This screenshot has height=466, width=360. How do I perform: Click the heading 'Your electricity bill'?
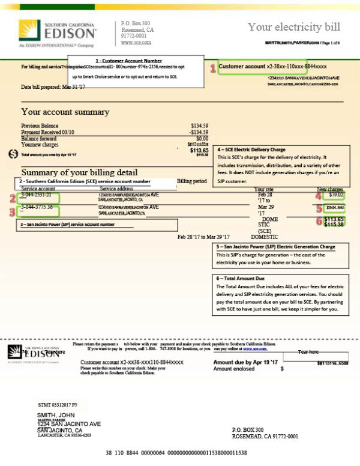293,27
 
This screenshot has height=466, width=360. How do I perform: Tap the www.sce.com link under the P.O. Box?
135,43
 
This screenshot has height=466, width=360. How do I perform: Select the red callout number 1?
212,68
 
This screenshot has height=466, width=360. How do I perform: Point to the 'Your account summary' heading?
65,112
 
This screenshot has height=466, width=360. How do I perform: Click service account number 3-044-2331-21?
40,195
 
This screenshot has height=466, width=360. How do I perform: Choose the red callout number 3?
11,211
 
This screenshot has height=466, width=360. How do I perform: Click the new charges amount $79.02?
336,195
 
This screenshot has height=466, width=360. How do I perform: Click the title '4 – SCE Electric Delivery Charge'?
251,150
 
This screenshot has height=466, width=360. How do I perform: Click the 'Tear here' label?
310,352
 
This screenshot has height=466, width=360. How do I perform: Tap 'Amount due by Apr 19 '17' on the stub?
245,363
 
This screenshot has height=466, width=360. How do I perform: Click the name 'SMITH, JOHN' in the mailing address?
56,415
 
